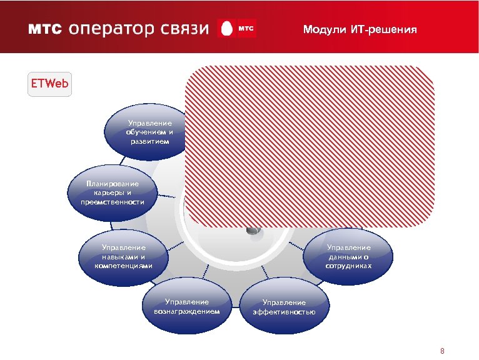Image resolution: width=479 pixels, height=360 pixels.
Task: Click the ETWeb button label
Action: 49,84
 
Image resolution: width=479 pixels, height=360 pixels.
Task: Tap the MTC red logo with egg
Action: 237,29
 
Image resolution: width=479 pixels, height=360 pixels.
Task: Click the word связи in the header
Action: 181,29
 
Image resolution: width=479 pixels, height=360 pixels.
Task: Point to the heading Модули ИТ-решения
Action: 359,29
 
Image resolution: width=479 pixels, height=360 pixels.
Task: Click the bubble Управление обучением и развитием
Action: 149,132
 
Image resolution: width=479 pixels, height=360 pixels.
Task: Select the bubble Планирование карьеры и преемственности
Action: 113,192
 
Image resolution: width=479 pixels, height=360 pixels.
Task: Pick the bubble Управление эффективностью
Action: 284,307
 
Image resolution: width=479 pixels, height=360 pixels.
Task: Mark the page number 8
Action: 442,351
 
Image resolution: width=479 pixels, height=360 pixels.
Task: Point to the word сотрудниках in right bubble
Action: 348,266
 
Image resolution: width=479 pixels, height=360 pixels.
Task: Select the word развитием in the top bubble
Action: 149,141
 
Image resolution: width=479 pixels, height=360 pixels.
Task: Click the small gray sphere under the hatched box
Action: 253,230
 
